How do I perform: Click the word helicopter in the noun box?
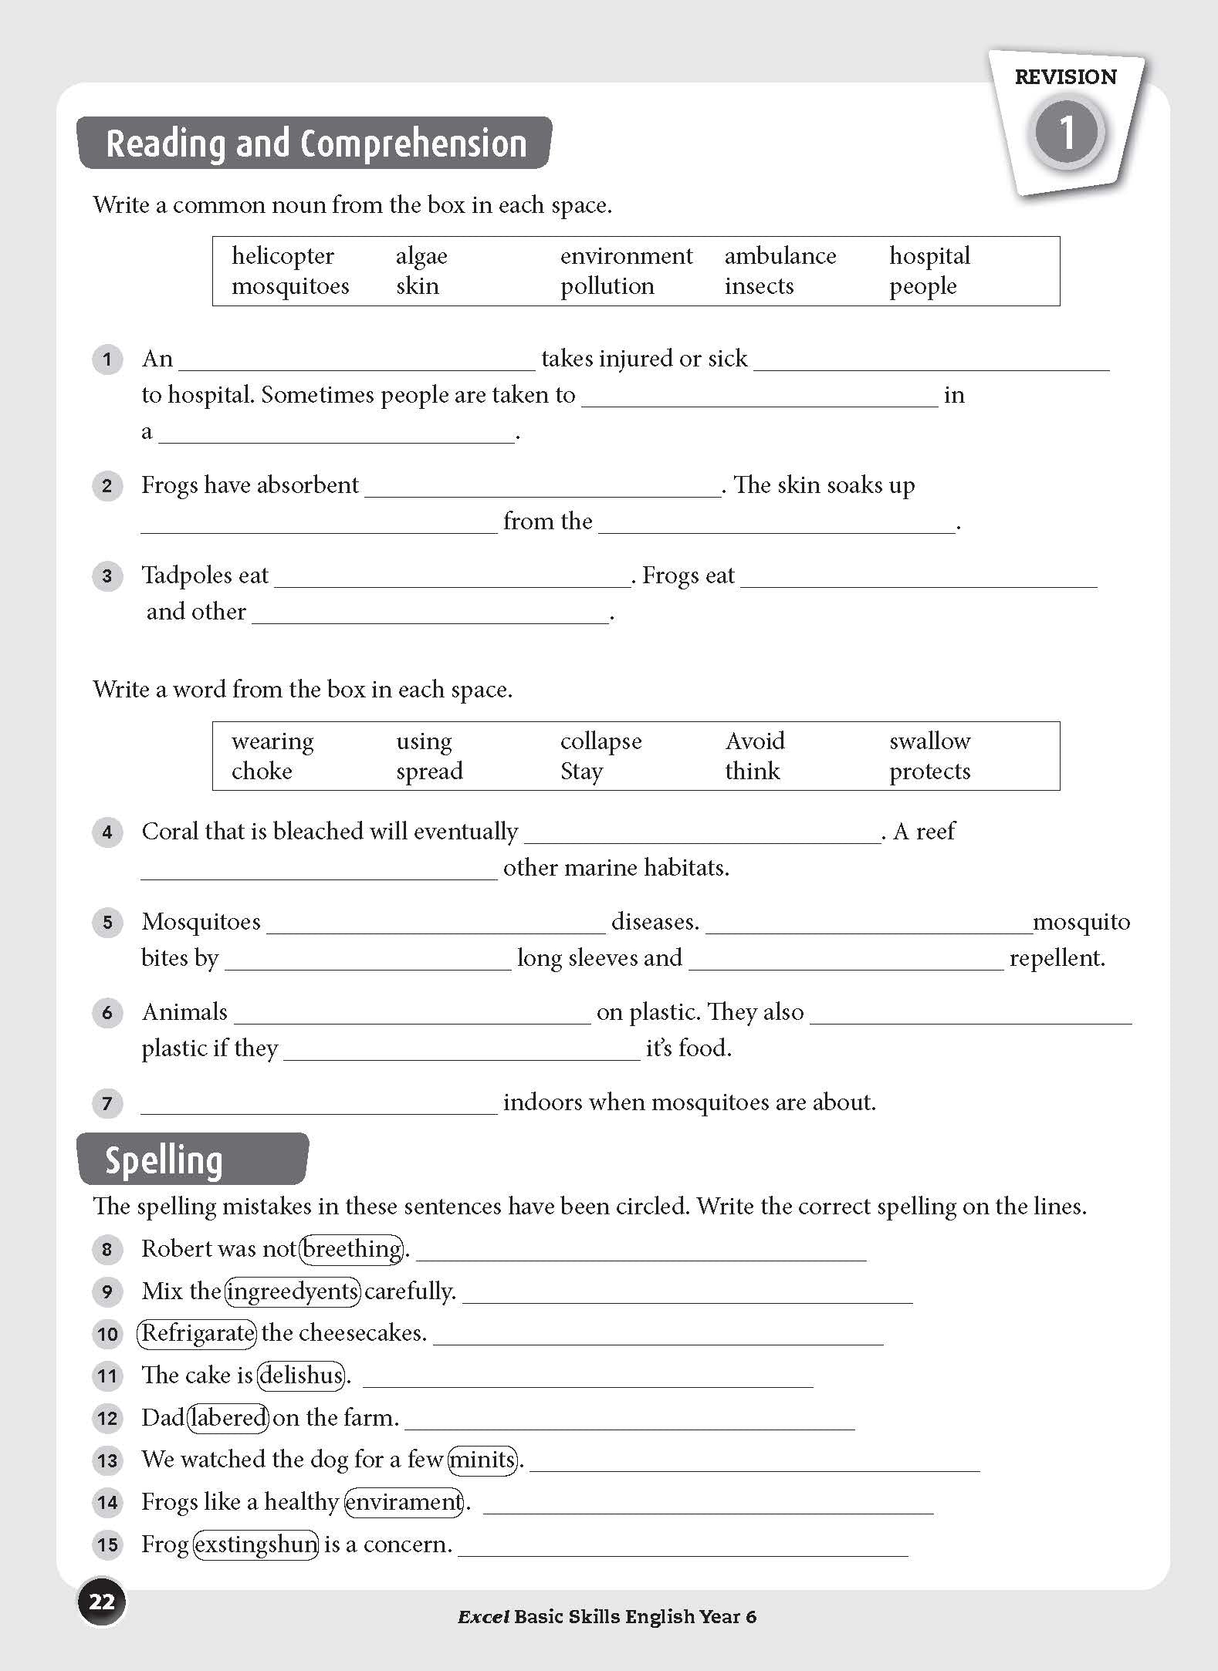pos(283,256)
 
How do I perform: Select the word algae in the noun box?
pos(421,256)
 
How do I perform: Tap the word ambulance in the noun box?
pos(780,256)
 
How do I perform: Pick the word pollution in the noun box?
pos(607,286)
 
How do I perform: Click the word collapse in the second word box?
pos(601,741)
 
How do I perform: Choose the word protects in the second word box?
pos(929,771)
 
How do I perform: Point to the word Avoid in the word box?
pos(754,741)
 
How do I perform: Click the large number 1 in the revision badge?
pos(1067,132)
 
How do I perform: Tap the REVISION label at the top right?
pos(1065,77)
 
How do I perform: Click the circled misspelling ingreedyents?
pos(293,1291)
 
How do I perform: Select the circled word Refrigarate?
pos(197,1333)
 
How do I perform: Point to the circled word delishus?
pos(302,1376)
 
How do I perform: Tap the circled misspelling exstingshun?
pos(255,1544)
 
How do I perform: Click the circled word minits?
pos(482,1460)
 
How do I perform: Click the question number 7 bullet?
pos(107,1103)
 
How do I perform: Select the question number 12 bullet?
pos(107,1418)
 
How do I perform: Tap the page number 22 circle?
pos(101,1602)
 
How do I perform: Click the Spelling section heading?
pos(164,1160)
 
